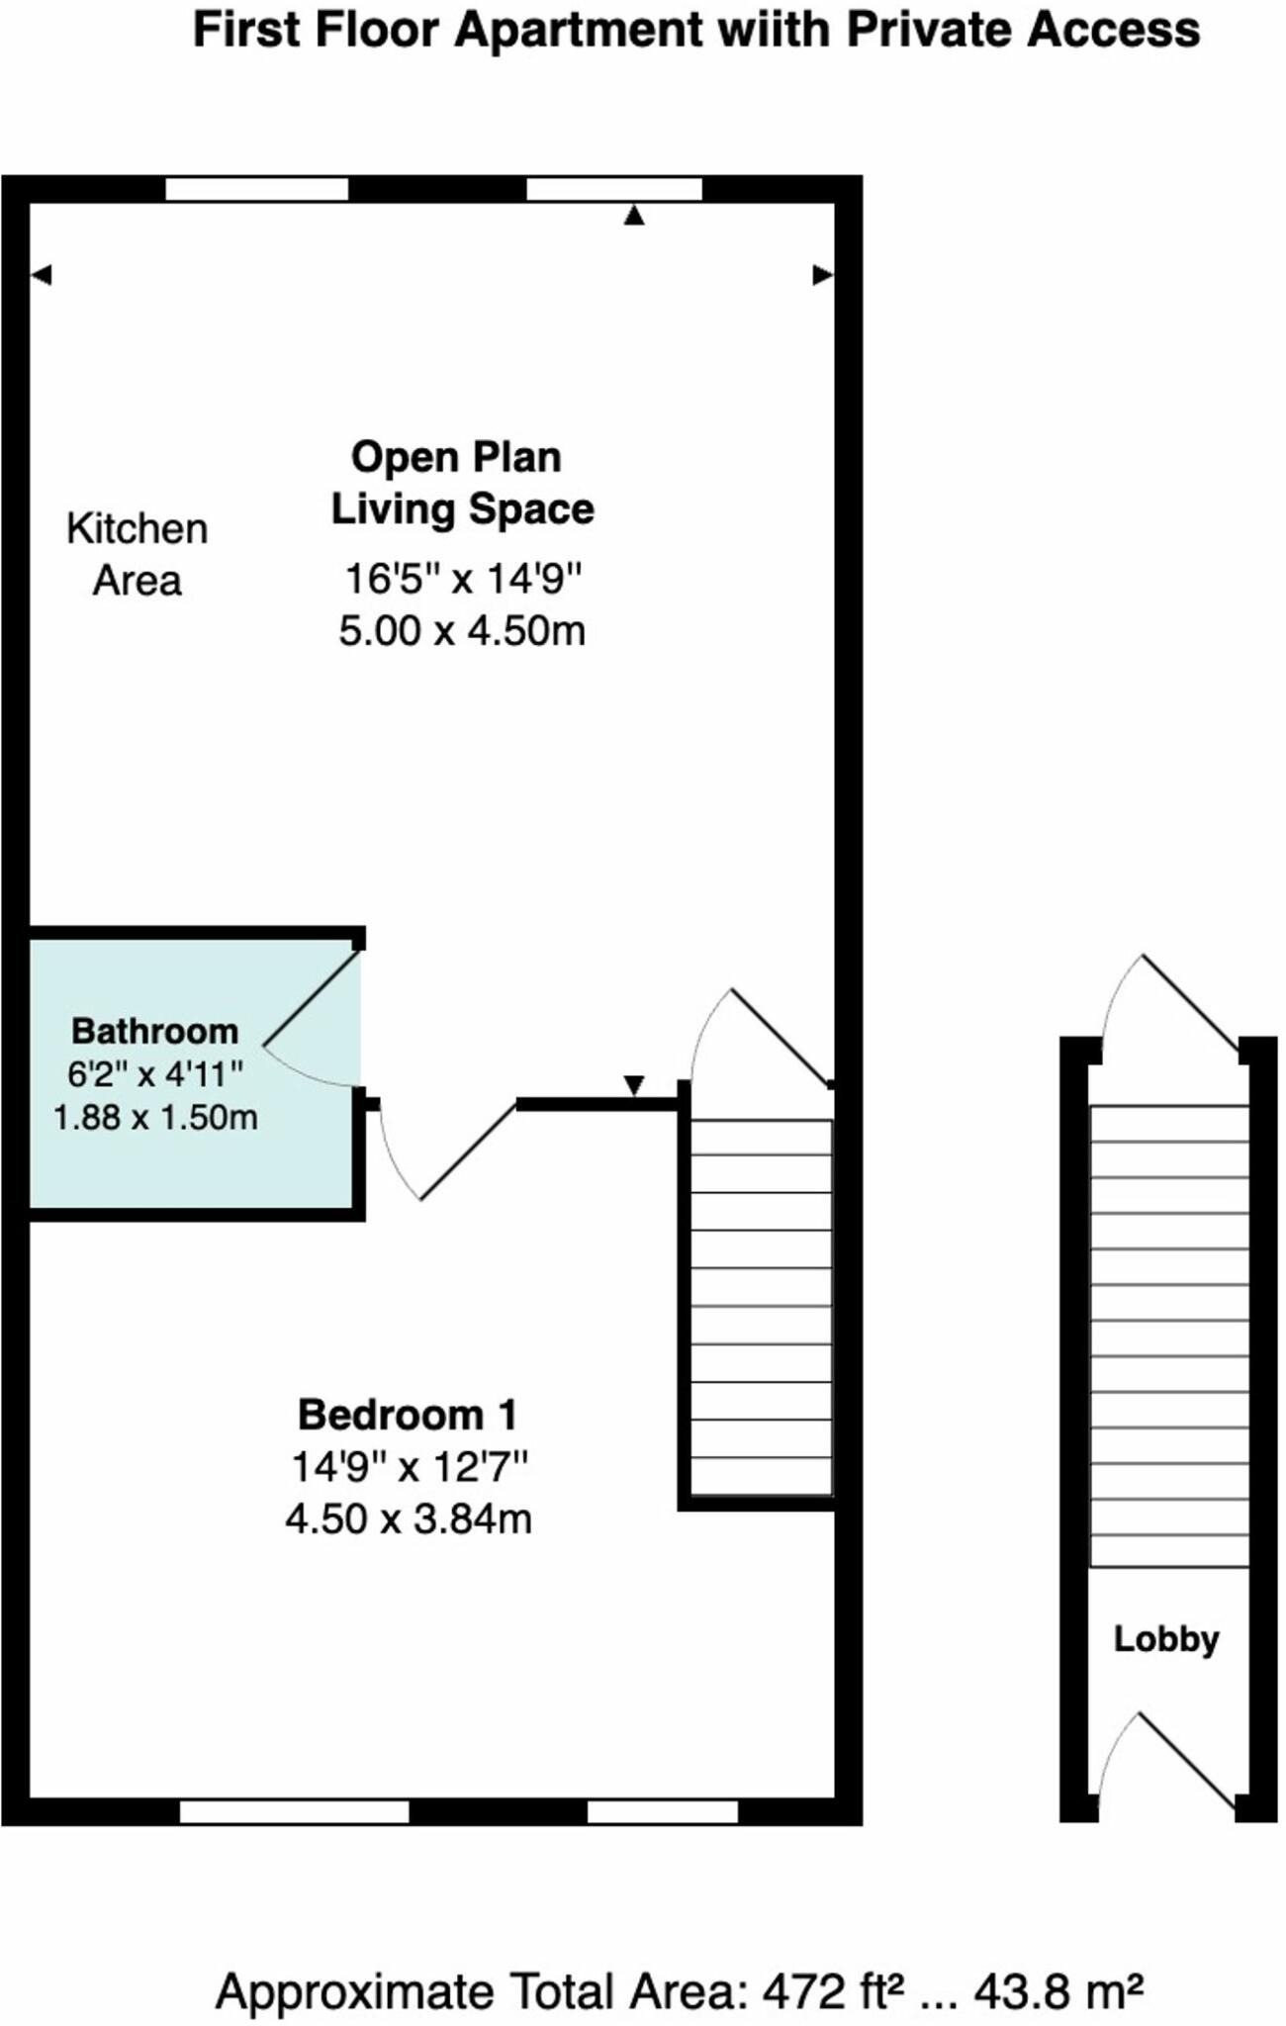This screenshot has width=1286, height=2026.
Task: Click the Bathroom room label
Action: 155,1031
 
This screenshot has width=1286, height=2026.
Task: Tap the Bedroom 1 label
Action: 408,1415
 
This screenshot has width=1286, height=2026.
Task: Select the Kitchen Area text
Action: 138,555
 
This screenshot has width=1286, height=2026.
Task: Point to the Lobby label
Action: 1166,1639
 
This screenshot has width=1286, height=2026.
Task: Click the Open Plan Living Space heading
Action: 462,483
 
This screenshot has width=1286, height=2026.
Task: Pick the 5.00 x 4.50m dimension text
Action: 462,631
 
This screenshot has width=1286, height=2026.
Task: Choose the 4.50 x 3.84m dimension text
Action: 409,1519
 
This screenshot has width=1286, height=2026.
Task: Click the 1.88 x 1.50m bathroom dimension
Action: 155,1118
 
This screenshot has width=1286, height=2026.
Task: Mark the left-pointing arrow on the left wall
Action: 41,275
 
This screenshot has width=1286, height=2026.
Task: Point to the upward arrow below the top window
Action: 634,216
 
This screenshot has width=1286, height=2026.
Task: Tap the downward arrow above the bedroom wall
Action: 634,1085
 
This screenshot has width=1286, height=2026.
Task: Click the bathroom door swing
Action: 310,1019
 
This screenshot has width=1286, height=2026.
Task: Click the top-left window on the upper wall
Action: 256,189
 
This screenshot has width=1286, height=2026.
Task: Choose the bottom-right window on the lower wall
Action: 663,1811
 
